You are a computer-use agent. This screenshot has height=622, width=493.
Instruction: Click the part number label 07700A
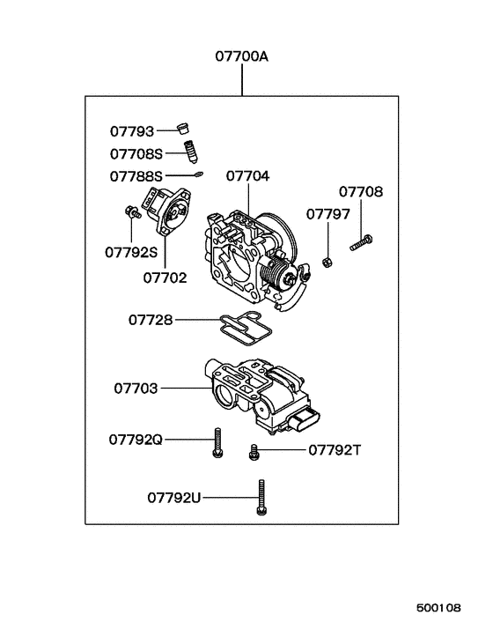[x=241, y=56]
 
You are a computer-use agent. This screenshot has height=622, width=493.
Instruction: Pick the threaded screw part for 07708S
[x=188, y=152]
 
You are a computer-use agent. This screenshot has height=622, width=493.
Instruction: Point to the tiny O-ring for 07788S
[x=200, y=174]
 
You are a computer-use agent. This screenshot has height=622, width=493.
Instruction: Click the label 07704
[x=247, y=175]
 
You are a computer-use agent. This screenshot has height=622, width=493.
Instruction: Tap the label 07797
[x=327, y=214]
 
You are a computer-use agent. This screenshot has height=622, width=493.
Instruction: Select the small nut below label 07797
[x=327, y=261]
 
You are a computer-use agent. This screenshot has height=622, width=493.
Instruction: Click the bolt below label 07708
[x=361, y=241]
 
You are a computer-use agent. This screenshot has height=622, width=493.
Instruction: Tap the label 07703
[x=136, y=387]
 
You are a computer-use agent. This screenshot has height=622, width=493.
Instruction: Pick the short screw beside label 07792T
[x=254, y=450]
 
